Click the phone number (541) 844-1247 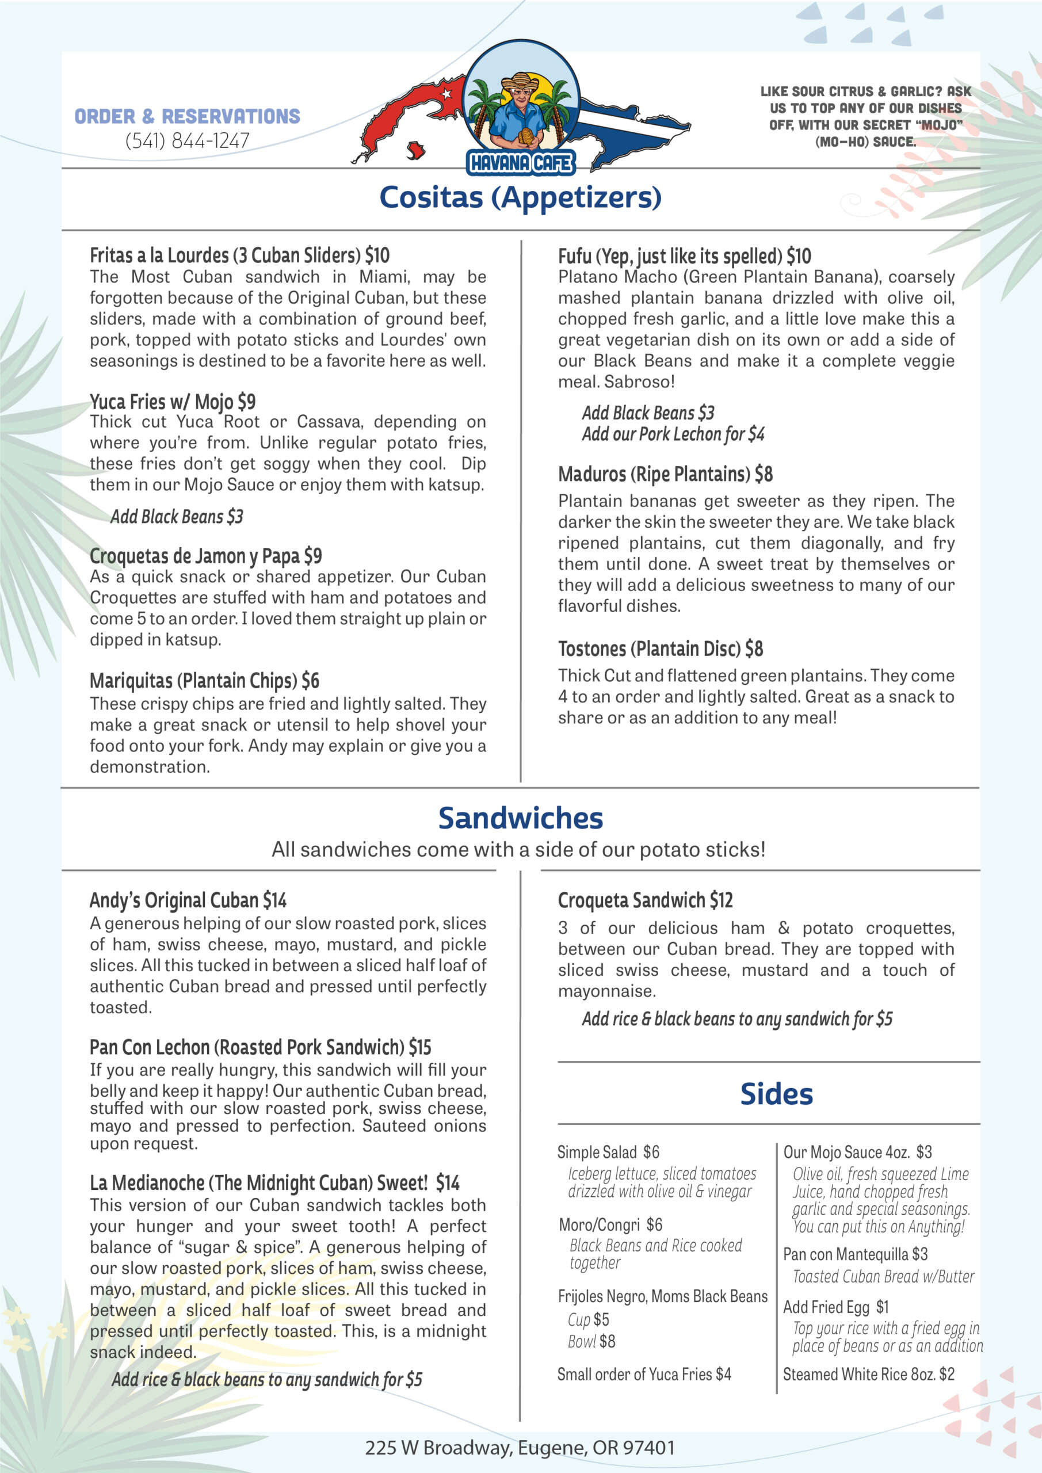[x=187, y=140]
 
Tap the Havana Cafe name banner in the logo [x=520, y=163]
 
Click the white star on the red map [x=446, y=94]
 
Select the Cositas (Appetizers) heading [x=520, y=197]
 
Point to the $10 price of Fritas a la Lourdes [x=377, y=255]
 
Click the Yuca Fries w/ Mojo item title [x=173, y=402]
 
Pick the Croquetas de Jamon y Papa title [x=205, y=556]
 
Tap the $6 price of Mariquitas [x=311, y=681]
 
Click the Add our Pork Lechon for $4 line [x=673, y=434]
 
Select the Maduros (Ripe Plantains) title [x=665, y=474]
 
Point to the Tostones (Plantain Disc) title [x=660, y=648]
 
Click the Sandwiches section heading [x=520, y=818]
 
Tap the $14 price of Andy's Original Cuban [x=274, y=900]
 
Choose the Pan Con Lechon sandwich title [x=260, y=1047]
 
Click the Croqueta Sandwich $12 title [x=645, y=900]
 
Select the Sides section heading [x=776, y=1094]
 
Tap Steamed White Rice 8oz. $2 [x=868, y=1373]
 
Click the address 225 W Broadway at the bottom [x=520, y=1447]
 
